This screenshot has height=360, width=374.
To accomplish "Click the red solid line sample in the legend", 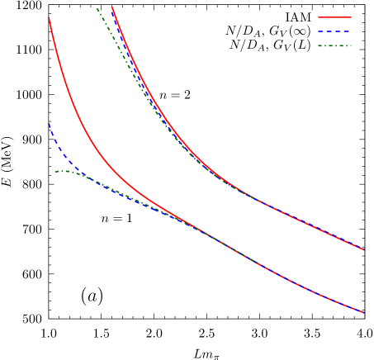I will point(334,17).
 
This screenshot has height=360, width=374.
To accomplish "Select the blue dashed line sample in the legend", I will point(334,31).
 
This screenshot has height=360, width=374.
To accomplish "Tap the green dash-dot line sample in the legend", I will point(334,46).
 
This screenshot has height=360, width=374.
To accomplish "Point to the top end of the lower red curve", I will point(50,18).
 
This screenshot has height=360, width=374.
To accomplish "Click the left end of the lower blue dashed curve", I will point(50,125).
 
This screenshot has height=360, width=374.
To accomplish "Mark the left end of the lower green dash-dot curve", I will point(55,172).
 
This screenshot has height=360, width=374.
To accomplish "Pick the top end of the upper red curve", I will point(112,7).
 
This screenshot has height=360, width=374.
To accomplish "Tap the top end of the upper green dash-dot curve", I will point(97,8).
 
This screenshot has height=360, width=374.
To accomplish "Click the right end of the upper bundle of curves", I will point(363,249).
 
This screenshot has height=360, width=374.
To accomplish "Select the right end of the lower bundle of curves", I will point(363,312).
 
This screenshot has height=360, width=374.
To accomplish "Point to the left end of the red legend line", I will point(319,17).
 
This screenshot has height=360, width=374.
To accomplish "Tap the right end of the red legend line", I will point(351,17).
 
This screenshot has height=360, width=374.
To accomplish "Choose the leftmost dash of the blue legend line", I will point(321,31).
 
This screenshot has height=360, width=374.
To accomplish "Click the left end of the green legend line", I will point(319,46).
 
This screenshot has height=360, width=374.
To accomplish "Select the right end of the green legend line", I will point(351,46).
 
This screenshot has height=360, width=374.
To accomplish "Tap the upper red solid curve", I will point(165,116).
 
